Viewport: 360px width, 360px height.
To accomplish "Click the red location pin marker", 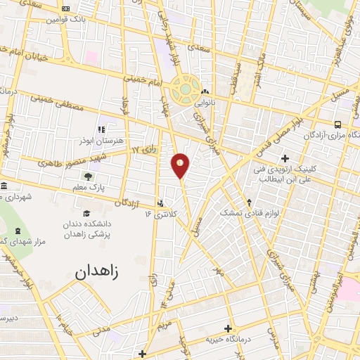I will coord(181,165).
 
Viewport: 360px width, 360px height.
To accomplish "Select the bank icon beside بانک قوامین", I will coord(66,8).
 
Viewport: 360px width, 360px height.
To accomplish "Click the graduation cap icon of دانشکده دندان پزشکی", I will coord(86,213).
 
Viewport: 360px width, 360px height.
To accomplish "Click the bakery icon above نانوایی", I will coord(205,92).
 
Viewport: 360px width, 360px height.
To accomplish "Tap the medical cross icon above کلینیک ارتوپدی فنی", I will coord(285,157).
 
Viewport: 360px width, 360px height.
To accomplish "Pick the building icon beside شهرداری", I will coord(5,186).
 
